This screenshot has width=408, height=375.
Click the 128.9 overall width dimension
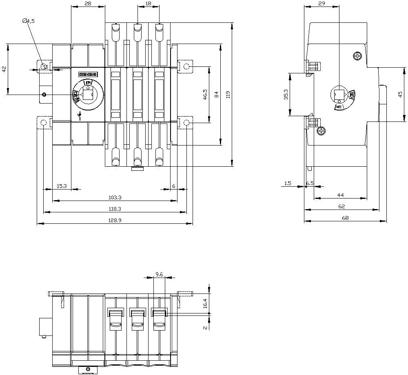pos(115,220)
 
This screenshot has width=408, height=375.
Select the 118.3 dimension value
pos(115,209)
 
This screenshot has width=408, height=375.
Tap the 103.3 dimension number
pos(115,197)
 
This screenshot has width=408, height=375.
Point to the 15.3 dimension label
pos(62,186)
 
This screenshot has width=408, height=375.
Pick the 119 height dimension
pos(228,95)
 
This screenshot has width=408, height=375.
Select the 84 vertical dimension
pos(217,95)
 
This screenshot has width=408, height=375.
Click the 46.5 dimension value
pos(205,95)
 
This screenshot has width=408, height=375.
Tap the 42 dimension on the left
pos(4,69)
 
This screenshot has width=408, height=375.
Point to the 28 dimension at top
pos(88,4)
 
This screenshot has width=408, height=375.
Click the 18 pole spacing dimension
pos(148,4)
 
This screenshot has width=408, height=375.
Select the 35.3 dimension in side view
pos(286,95)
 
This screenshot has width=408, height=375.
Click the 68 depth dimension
pos(345,218)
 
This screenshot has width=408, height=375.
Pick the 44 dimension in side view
pos(340,195)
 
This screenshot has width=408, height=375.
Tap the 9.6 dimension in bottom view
pos(159,275)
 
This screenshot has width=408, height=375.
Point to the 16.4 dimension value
pos(205,303)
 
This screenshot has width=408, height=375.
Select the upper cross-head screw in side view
pos(358,55)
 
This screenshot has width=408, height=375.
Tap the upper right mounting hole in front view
pos(186,66)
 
